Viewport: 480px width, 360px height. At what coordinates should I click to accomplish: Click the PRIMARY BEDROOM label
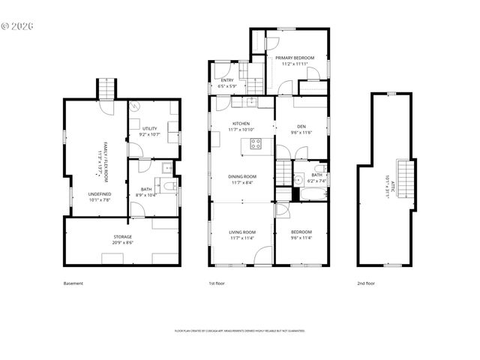tap(294, 58)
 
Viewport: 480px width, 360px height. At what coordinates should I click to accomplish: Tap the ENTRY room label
tap(226, 80)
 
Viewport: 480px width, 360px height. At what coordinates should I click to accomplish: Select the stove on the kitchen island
tap(256, 144)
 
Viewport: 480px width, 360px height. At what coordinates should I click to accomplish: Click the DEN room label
tap(301, 126)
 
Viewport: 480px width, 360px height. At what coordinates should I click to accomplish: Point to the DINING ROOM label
tap(241, 176)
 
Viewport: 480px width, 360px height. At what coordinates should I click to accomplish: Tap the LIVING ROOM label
tap(241, 232)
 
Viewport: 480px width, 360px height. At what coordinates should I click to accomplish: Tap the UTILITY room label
tap(149, 129)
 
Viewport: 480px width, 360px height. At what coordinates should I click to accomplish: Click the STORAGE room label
tap(122, 237)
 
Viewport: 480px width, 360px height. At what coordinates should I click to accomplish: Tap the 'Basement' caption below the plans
tap(73, 283)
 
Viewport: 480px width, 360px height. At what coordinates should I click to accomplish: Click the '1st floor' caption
tap(217, 283)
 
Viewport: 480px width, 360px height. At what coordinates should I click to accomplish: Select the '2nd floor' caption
tap(365, 283)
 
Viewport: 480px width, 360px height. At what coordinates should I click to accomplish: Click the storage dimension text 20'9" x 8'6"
tap(122, 243)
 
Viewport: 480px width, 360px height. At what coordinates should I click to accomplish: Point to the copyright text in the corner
tap(18, 25)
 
